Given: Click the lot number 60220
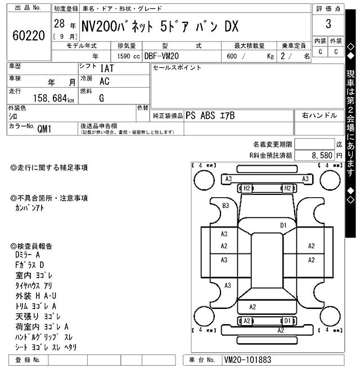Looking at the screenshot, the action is tap(28, 36).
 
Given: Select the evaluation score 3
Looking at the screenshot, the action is tap(328, 24).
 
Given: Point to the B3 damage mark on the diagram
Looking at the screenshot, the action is tap(226, 206).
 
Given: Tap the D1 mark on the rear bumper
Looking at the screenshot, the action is tap(287, 321).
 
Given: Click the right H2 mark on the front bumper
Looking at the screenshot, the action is tap(287, 188).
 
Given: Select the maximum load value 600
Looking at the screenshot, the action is tap(232, 56).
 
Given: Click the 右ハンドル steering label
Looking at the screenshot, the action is tap(319, 116).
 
